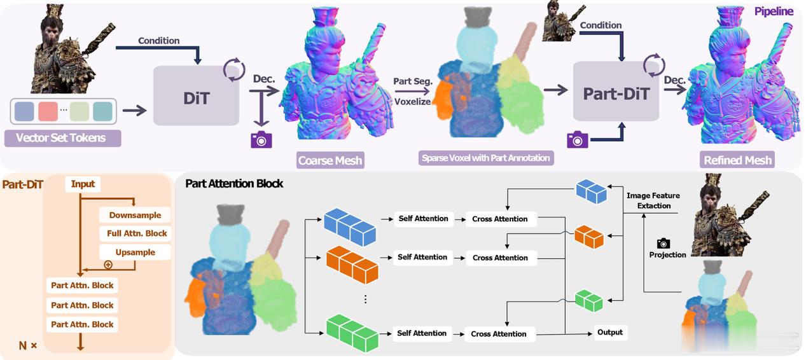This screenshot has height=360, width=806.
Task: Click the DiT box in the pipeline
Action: tap(196, 95)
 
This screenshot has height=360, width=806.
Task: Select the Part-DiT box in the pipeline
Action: tap(616, 92)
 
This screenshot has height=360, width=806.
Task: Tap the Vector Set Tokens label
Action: tap(62, 138)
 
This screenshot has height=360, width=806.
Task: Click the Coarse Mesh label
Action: tap(330, 160)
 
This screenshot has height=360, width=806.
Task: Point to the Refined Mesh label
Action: tap(737, 160)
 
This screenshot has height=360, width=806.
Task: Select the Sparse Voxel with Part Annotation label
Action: tap(486, 158)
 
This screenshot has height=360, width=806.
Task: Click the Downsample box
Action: tap(135, 215)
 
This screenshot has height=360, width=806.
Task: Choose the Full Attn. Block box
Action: tap(137, 233)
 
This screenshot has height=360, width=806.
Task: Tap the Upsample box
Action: tap(135, 252)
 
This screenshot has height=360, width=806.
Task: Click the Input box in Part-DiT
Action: tap(83, 184)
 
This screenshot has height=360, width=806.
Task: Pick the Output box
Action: tap(610, 332)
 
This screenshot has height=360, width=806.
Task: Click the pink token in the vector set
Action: tap(48, 111)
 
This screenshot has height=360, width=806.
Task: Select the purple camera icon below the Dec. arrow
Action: tap(261, 139)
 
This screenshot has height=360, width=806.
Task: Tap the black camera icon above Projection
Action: tap(664, 244)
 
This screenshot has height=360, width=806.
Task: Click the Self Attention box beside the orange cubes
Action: tap(422, 257)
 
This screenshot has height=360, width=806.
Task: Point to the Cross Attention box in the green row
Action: tap(498, 334)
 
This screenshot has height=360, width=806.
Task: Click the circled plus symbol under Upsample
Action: tap(108, 265)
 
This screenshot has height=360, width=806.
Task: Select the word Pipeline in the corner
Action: tap(774, 11)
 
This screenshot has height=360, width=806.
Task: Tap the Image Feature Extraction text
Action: tap(653, 201)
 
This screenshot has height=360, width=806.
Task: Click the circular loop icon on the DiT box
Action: tap(234, 69)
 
